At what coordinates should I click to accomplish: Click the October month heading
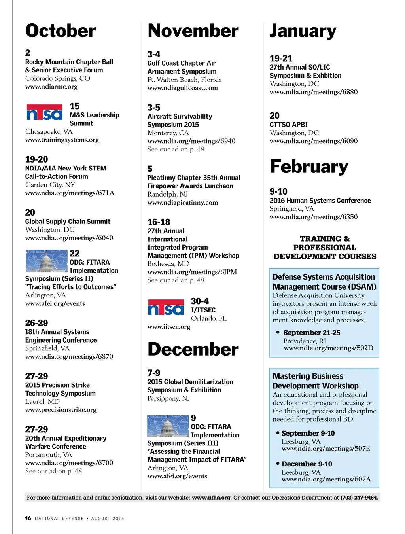click(x=61, y=31)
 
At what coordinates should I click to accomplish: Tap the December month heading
click(x=193, y=349)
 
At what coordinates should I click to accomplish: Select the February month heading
click(x=309, y=167)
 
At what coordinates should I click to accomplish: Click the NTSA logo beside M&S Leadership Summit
click(x=44, y=112)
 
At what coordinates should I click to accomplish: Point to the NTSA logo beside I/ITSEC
click(x=166, y=307)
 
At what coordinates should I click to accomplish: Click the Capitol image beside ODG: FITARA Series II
click(x=46, y=261)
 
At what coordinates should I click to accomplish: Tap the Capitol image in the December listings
click(x=168, y=426)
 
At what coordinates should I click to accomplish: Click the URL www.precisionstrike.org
click(x=61, y=410)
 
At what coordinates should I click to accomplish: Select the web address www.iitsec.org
click(x=169, y=327)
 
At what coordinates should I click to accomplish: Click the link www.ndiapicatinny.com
click(x=183, y=203)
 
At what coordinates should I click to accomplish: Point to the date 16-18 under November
click(x=159, y=222)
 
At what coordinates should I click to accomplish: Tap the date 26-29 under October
click(x=36, y=323)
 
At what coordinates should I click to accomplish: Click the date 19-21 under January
click(x=281, y=59)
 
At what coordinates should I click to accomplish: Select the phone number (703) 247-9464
click(x=359, y=498)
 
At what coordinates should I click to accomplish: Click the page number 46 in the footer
click(x=28, y=518)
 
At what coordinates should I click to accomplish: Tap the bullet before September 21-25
click(x=278, y=333)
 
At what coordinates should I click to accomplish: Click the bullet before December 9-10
click(x=278, y=464)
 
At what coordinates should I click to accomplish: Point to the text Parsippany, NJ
click(x=169, y=398)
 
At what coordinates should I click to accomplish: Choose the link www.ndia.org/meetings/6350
click(x=314, y=217)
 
